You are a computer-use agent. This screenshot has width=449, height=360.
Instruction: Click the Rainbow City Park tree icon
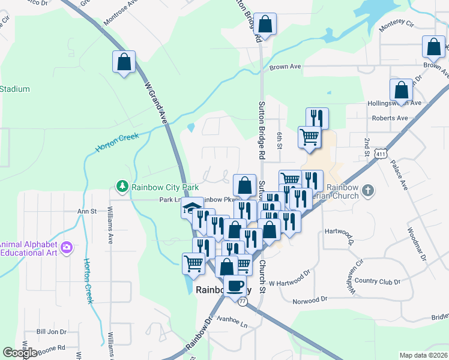coord(122,187)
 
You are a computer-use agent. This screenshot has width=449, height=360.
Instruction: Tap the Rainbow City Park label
coord(165,187)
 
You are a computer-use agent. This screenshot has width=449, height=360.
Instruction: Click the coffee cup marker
coord(235,286)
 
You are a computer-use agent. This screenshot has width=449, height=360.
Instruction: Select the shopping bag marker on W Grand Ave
coord(124,62)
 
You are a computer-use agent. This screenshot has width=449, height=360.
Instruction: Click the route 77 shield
coord(243,302)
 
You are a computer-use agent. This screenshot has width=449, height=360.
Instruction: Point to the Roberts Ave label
coord(390,118)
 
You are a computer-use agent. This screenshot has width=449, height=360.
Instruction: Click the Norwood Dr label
coord(310,299)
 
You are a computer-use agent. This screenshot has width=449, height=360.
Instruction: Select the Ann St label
coord(87,211)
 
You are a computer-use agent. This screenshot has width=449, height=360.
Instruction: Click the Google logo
coord(20,353)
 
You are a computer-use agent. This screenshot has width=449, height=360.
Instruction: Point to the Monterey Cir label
coord(397,25)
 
